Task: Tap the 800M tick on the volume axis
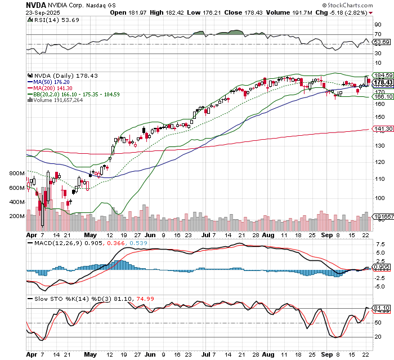[x=16, y=174]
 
